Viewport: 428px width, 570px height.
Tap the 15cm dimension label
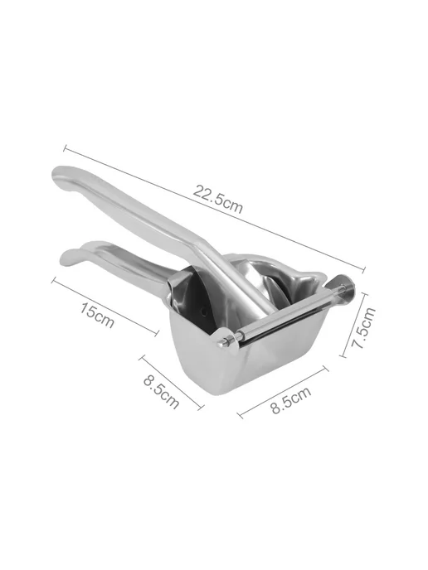pyautogui.click(x=97, y=315)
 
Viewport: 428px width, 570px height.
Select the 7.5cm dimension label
pyautogui.click(x=363, y=328)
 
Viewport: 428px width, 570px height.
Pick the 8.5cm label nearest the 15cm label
pyautogui.click(x=161, y=391)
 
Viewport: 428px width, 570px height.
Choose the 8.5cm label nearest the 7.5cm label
pyautogui.click(x=291, y=400)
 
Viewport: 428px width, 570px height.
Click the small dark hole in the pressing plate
pyautogui.click(x=205, y=312)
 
